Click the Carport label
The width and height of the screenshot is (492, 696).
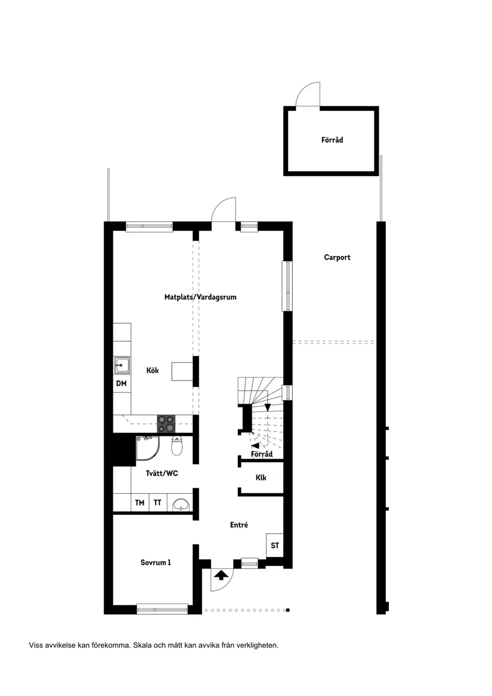337,258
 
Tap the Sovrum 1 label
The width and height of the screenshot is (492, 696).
156,562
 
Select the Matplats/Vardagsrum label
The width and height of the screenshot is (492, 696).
200,296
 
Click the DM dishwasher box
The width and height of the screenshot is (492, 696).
122,383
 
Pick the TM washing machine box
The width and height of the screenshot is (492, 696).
140,503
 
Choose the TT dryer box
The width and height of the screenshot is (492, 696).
157,503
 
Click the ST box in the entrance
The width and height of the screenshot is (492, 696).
274,545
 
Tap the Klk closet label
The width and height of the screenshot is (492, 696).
261,478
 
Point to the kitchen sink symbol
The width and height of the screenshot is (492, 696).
122,364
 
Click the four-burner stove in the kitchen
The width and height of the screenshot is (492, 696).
166,423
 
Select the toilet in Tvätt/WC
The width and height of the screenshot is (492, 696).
177,446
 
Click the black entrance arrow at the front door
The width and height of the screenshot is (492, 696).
221,575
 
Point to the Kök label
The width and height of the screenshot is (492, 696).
153,370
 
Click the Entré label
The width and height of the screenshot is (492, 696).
239,525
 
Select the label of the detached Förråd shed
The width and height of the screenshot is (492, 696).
332,140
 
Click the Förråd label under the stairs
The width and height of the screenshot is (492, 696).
262,454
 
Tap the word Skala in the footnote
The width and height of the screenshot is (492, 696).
143,645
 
